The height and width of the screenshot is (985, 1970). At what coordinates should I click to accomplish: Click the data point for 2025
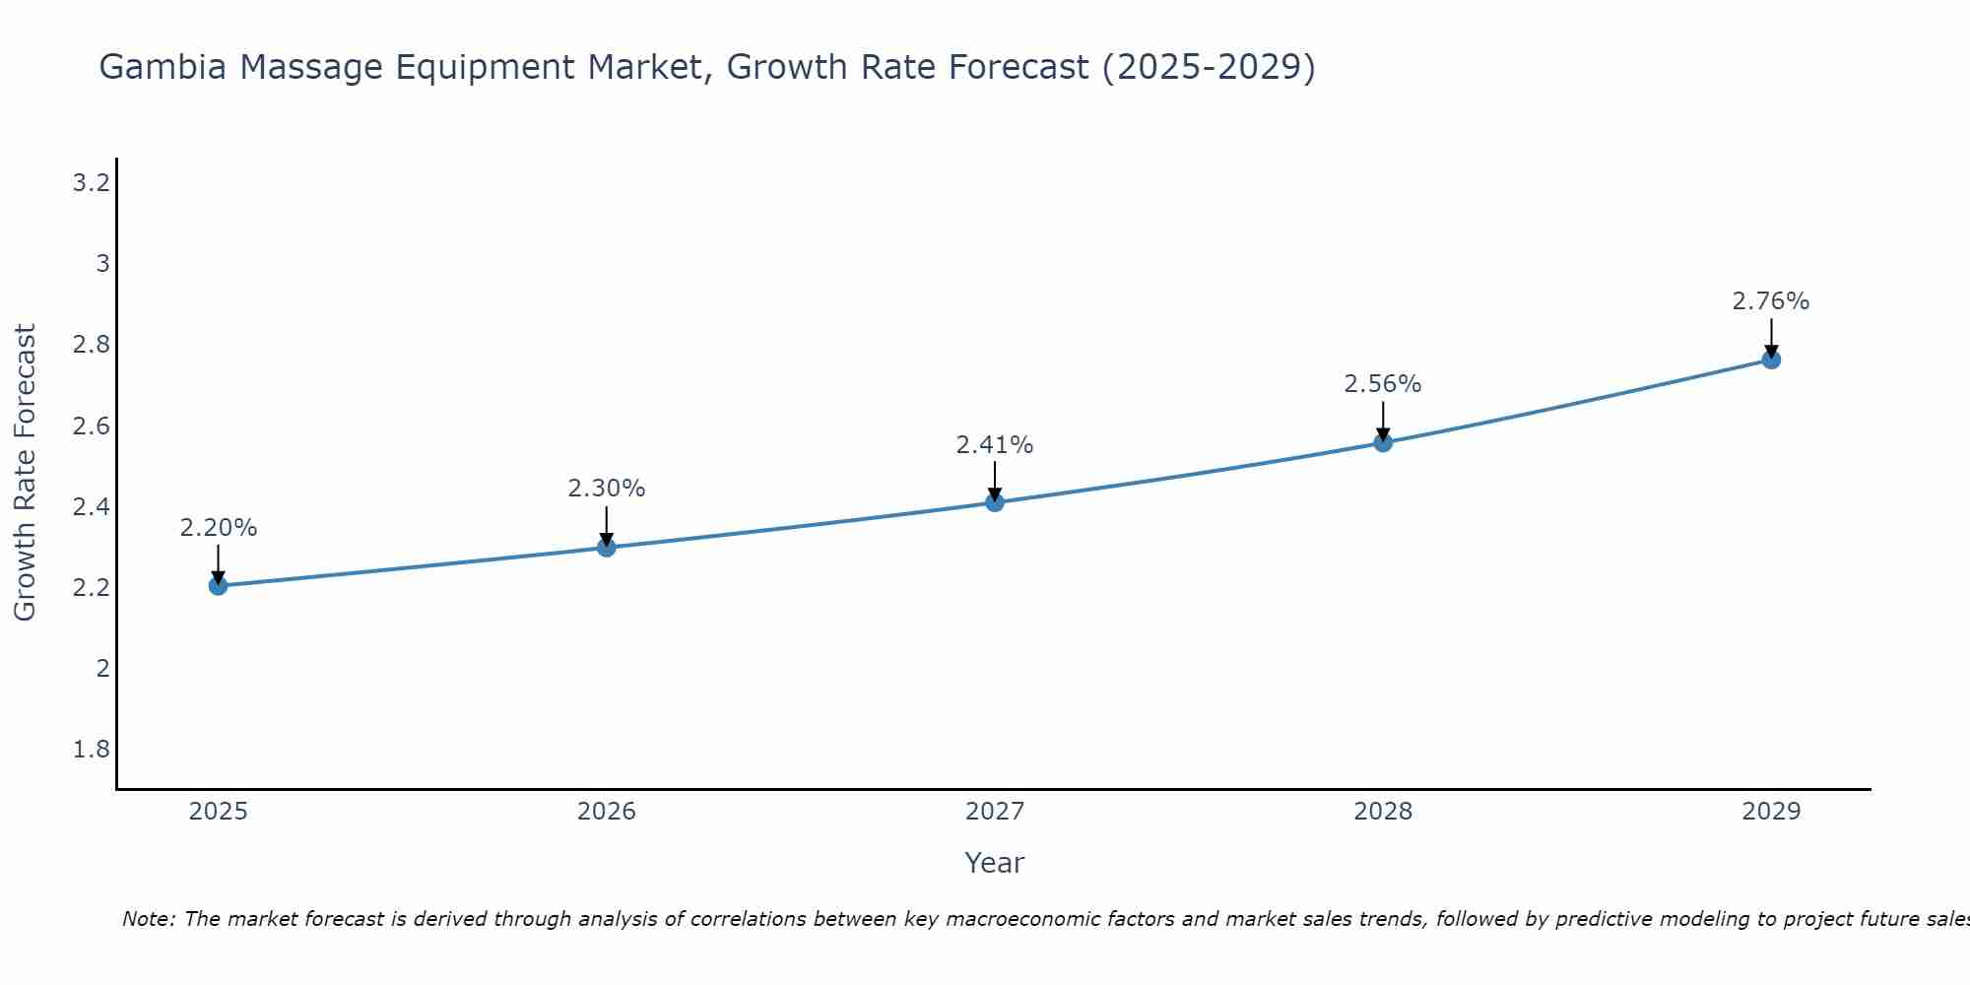[218, 586]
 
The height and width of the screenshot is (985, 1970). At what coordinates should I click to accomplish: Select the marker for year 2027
[995, 502]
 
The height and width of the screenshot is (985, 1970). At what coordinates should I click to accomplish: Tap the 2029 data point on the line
[1771, 360]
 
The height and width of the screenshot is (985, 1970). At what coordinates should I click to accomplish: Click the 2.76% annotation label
[1771, 301]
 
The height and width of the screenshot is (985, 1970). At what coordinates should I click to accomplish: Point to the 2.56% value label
[1383, 384]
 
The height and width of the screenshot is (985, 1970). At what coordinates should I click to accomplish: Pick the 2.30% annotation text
[607, 489]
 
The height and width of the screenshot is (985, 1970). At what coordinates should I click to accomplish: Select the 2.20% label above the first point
[218, 528]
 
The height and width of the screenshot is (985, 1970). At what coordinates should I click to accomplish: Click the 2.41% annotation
[995, 445]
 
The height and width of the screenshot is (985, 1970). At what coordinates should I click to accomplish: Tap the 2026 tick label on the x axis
[607, 812]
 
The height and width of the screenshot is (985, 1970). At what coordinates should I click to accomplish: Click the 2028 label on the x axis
[1383, 812]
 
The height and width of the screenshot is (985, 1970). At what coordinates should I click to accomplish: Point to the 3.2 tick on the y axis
[92, 183]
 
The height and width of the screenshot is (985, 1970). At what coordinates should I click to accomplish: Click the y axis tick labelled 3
[102, 264]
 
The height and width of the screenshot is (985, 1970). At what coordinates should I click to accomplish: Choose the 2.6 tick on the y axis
[92, 427]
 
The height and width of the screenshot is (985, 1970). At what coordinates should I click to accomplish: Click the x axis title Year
[995, 863]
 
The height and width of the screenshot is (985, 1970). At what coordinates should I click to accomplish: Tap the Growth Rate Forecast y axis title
[25, 473]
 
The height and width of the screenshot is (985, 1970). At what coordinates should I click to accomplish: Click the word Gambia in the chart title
[163, 67]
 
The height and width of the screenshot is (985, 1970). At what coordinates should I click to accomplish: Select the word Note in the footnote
[148, 919]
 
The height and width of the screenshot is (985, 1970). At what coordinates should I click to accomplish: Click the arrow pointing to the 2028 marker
[1383, 422]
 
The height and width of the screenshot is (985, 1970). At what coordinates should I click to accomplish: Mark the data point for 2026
[607, 547]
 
